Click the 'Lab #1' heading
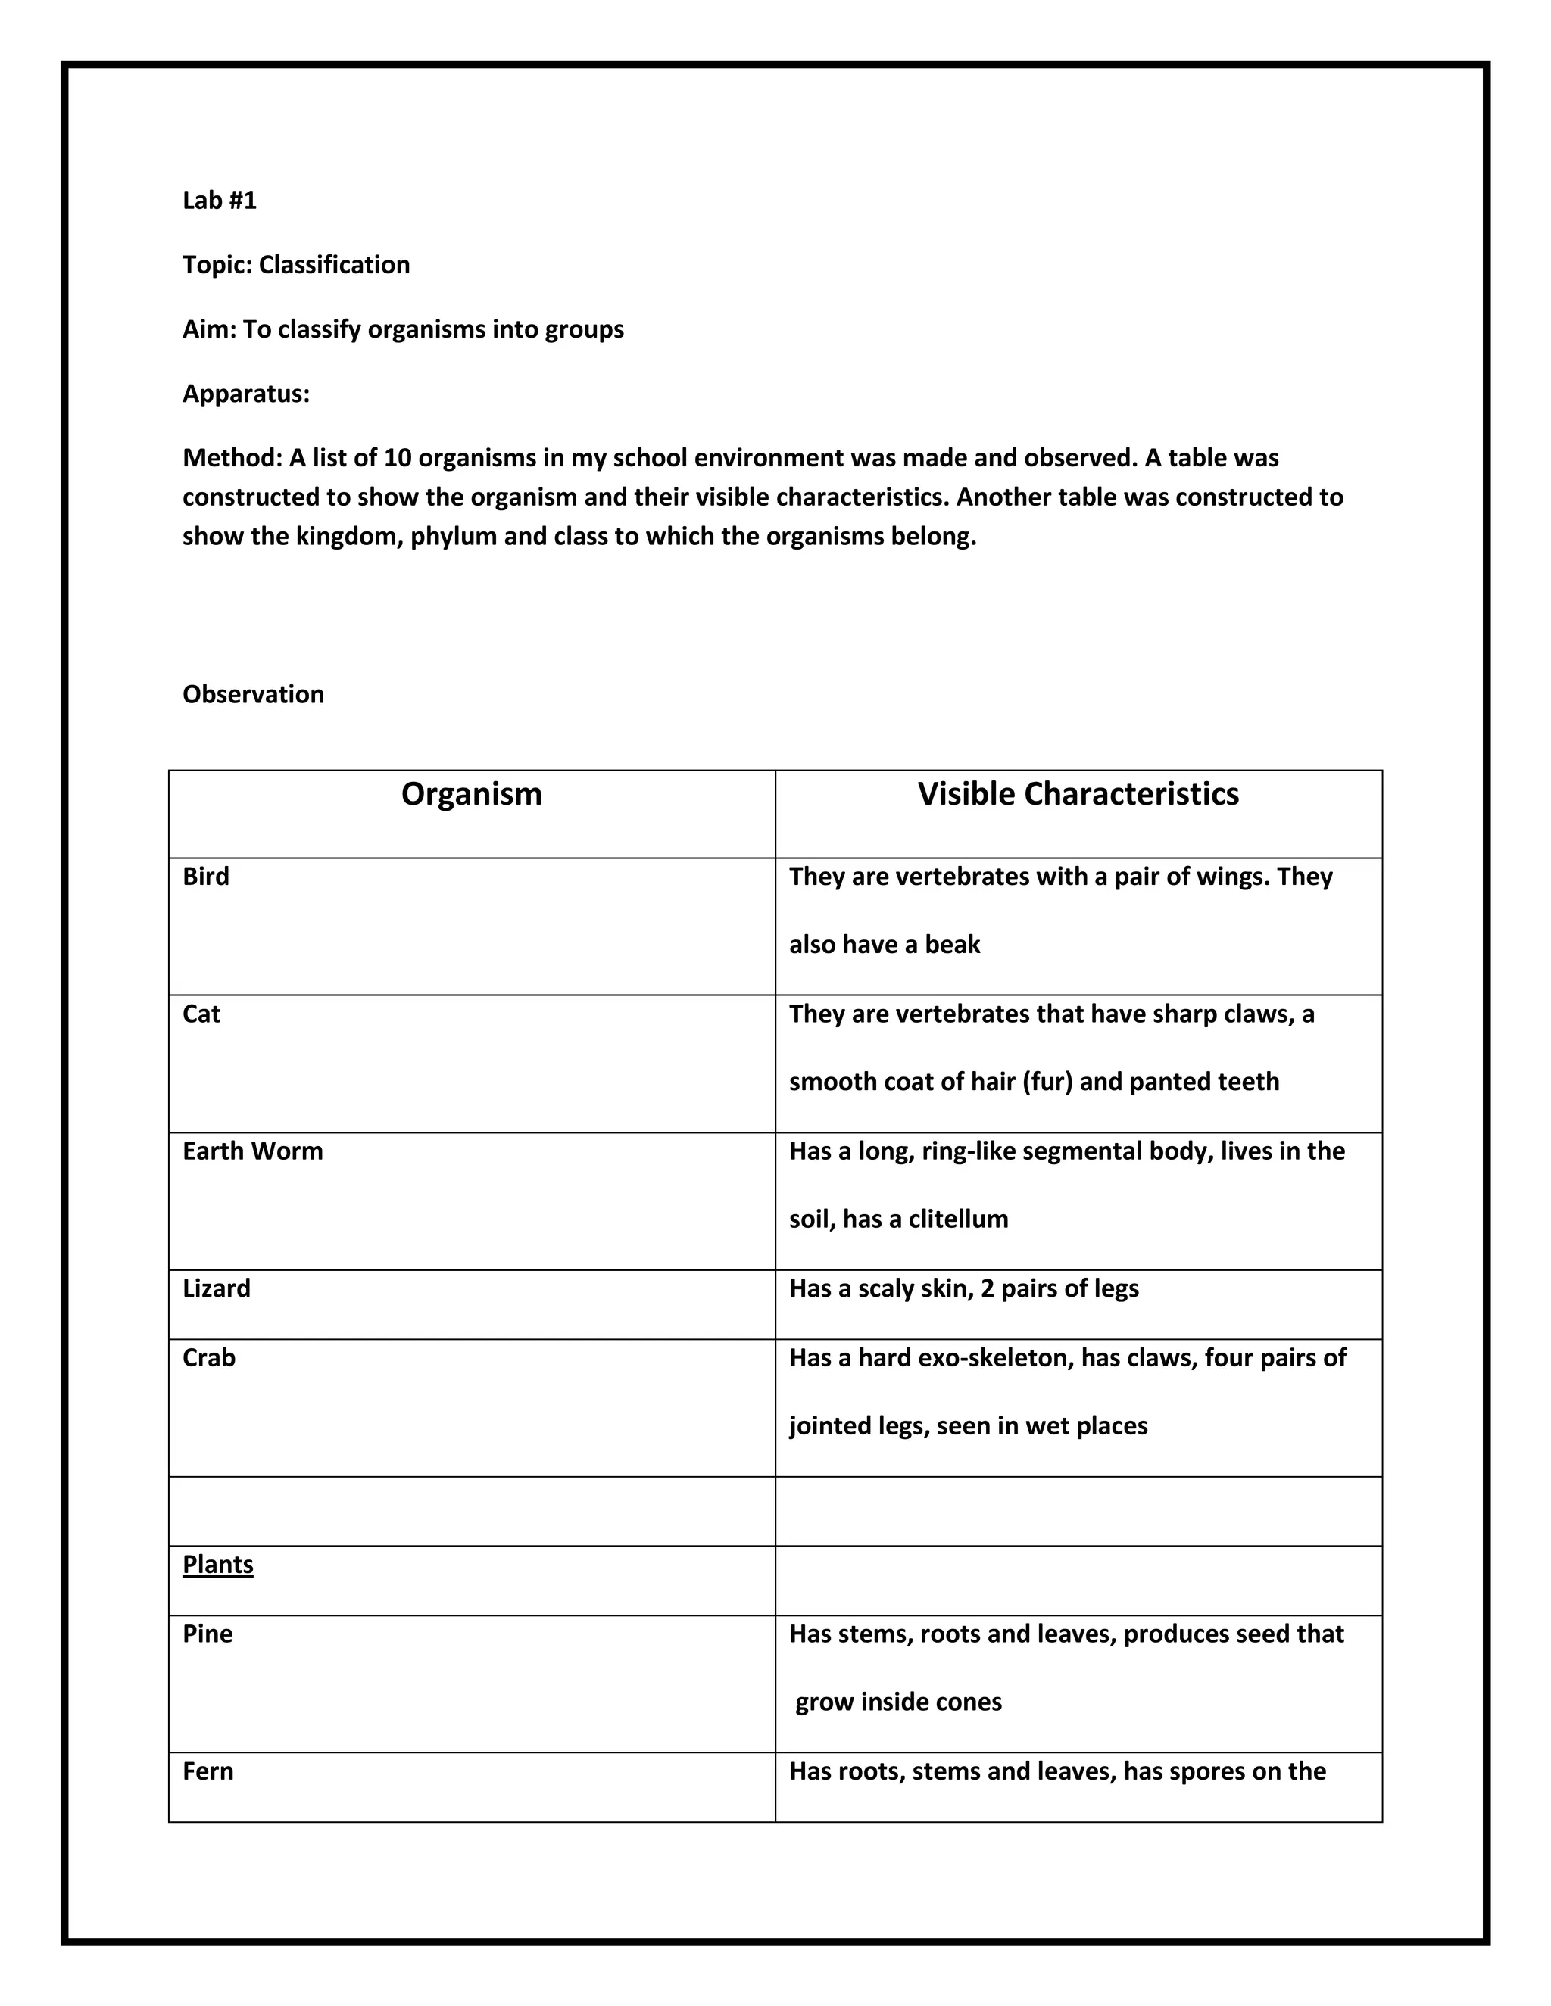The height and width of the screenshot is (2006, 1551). [x=220, y=201]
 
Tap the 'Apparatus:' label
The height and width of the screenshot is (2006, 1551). [x=246, y=394]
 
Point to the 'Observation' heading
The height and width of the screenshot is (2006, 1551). [x=254, y=694]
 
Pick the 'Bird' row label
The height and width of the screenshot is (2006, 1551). [x=206, y=877]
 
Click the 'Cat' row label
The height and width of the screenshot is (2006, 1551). [x=201, y=1014]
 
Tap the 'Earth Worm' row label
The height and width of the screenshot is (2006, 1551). [x=253, y=1152]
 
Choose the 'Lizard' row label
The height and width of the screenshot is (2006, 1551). [x=217, y=1288]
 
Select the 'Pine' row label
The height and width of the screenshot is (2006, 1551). [x=208, y=1634]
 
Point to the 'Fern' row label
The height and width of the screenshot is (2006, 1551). [x=208, y=1772]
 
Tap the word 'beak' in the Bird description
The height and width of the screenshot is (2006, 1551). [x=953, y=945]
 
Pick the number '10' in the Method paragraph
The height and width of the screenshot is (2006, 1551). [x=397, y=458]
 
